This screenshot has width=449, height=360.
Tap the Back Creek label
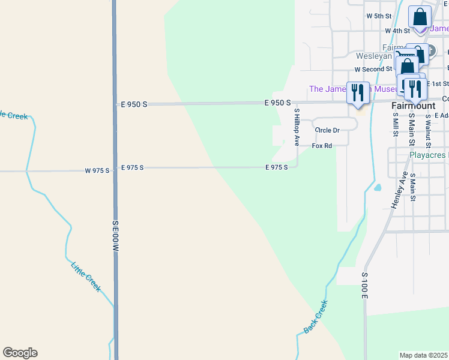coord(316,316)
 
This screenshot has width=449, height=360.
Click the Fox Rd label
coord(322,146)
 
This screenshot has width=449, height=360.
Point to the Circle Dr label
coord(327,130)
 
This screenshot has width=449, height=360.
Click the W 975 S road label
coord(97,171)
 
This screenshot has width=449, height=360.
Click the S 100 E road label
coord(364,286)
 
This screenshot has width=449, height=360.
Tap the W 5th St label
coord(379,15)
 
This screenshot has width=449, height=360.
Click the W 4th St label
coord(397,30)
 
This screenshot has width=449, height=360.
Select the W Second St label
coord(373,70)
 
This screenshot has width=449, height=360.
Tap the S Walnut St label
coord(428,130)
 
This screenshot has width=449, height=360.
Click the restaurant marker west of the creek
coord(358,93)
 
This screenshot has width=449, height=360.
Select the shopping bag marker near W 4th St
coord(420,17)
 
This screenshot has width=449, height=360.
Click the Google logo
coord(20,353)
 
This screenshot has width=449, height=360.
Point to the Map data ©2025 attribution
coord(424,355)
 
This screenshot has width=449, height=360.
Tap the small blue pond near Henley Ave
coord(377,187)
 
